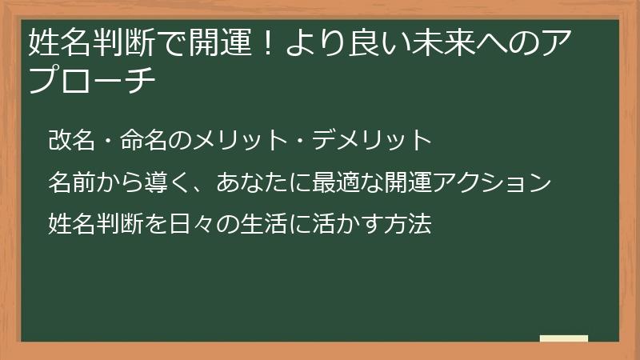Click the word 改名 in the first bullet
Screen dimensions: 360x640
coord(70,142)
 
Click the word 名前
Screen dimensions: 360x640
coord(70,183)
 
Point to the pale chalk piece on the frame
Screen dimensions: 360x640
coord(564,338)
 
